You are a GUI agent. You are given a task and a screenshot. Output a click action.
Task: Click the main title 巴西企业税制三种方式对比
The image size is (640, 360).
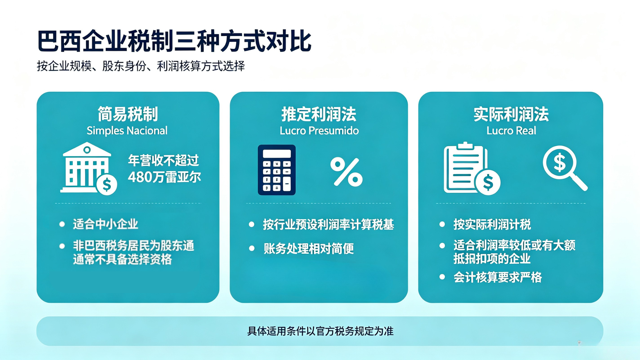[x=174, y=41]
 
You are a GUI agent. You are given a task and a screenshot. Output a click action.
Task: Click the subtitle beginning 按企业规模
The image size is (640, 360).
[x=141, y=66]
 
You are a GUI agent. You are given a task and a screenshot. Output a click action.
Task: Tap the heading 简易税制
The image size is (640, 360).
[x=128, y=114]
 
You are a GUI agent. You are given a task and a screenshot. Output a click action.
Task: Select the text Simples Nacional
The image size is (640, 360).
[x=127, y=131]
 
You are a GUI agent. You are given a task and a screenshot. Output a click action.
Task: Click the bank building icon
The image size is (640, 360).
[x=88, y=168]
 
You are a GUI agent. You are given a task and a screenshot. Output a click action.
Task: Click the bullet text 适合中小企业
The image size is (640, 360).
[x=105, y=224]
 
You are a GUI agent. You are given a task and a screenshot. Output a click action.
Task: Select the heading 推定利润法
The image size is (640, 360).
[x=319, y=114]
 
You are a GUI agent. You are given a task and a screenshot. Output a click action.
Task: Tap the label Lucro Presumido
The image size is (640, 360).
[x=319, y=131]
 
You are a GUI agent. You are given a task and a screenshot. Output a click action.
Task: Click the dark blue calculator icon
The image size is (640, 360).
[x=277, y=170]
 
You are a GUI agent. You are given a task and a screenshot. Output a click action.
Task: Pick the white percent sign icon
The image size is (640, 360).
[x=346, y=172]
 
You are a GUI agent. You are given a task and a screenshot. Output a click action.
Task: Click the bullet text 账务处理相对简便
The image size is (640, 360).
[x=309, y=248]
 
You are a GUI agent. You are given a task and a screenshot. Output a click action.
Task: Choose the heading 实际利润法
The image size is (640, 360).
[x=511, y=114]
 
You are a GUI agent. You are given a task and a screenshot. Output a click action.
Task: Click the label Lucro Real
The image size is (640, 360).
[x=511, y=131]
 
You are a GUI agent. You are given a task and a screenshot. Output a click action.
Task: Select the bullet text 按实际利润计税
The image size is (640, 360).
[x=492, y=224]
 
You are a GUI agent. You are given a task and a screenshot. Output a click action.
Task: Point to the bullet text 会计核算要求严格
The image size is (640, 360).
[x=498, y=277]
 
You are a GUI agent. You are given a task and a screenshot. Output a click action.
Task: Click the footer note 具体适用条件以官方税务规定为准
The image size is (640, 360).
[x=320, y=331]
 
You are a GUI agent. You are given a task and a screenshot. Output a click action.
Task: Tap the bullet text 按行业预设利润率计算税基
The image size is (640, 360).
[x=328, y=224]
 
